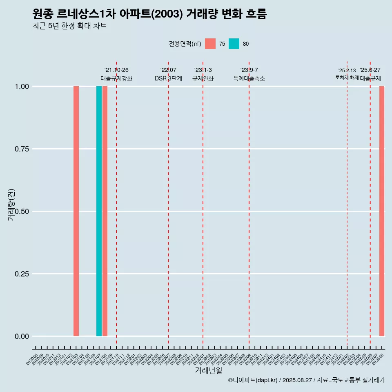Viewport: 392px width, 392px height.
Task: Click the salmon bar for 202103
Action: [x=76, y=211]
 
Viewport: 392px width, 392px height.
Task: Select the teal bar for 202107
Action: [x=99, y=211]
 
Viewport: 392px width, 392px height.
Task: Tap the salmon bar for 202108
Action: [x=105, y=211]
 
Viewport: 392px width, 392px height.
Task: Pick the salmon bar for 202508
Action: [x=382, y=211]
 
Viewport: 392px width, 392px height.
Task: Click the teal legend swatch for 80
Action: [x=234, y=44]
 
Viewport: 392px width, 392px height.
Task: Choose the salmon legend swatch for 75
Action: [x=210, y=44]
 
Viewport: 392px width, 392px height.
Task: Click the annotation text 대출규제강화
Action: [x=116, y=78]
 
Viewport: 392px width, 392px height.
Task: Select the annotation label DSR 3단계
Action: [x=168, y=78]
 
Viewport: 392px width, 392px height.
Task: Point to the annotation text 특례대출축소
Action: [x=249, y=78]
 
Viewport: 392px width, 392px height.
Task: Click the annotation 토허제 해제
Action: [x=347, y=78]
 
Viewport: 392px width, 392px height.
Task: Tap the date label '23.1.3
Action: [x=203, y=70]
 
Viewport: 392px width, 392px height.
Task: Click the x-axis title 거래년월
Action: [x=209, y=371]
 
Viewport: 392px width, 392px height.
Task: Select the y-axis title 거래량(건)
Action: [x=11, y=204]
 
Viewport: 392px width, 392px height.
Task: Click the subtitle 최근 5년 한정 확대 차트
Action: [x=69, y=26]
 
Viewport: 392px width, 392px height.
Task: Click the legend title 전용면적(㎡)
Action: [x=185, y=44]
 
